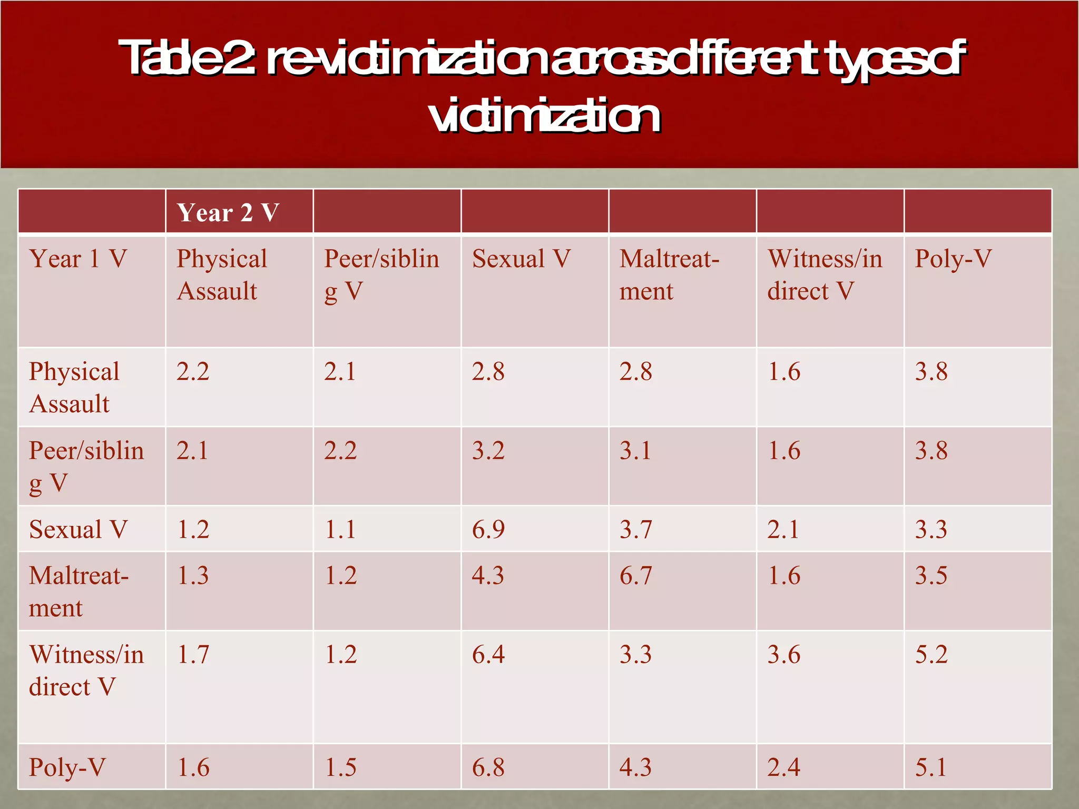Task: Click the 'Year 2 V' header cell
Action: pyautogui.click(x=228, y=213)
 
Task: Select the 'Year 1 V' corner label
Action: pyautogui.click(x=78, y=259)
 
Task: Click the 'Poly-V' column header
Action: pyautogui.click(x=953, y=259)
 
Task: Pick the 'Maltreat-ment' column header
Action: pyautogui.click(x=669, y=275)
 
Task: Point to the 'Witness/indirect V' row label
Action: pyautogui.click(x=86, y=670)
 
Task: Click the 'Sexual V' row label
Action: pyautogui.click(x=78, y=529)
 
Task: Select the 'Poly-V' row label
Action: pyautogui.click(x=67, y=767)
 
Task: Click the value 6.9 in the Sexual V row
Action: pyautogui.click(x=488, y=529)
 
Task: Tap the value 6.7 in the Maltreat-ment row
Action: pyautogui.click(x=635, y=575)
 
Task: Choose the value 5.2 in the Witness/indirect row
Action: pyautogui.click(x=931, y=655)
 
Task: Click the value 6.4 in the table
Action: pyautogui.click(x=488, y=655)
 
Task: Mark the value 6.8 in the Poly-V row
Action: pyautogui.click(x=488, y=767)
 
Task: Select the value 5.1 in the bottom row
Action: pyautogui.click(x=930, y=767)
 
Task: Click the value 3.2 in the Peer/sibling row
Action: pyautogui.click(x=488, y=451)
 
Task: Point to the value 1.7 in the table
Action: pyautogui.click(x=193, y=655)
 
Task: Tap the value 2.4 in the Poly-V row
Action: pyautogui.click(x=783, y=767)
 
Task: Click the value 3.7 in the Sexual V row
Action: pyautogui.click(x=635, y=529)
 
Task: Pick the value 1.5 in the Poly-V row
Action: pyautogui.click(x=340, y=767)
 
